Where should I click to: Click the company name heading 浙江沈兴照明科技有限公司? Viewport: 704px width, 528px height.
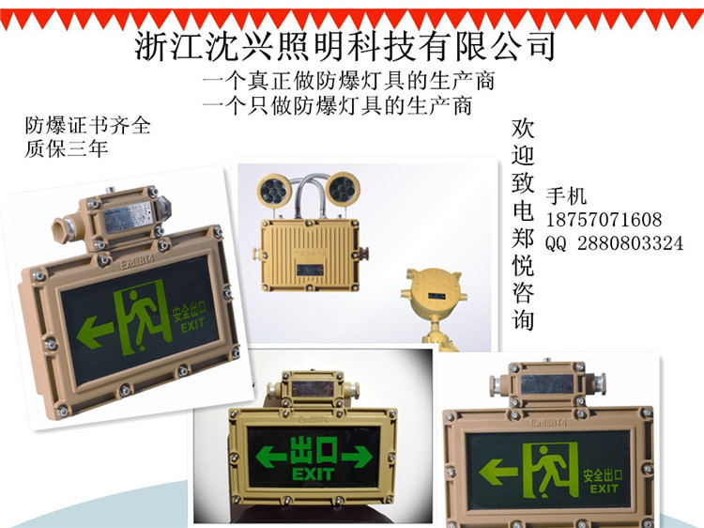click(345, 43)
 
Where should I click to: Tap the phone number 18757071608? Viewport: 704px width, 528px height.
click(617, 220)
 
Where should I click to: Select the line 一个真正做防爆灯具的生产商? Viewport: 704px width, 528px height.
click(348, 81)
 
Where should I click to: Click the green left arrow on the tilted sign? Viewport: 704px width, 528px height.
click(96, 331)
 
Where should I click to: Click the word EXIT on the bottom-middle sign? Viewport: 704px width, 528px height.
click(313, 474)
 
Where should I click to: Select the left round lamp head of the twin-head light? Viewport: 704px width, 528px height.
click(268, 189)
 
